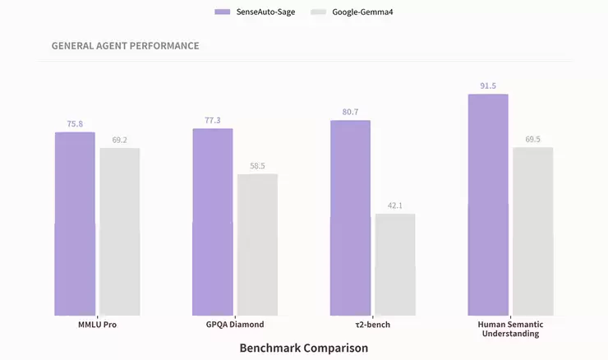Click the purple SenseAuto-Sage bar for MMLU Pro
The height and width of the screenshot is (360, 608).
click(x=75, y=224)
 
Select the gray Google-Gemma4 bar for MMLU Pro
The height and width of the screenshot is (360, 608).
click(x=119, y=232)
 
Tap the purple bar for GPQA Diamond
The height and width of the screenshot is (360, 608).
click(x=213, y=222)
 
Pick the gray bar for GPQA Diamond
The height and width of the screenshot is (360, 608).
click(x=257, y=245)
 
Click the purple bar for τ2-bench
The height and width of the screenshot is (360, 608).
click(x=350, y=218)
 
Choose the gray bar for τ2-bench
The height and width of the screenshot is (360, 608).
click(x=395, y=265)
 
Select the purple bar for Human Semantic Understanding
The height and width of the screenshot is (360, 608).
click(x=488, y=205)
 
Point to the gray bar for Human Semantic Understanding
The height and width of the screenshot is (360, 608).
click(x=532, y=232)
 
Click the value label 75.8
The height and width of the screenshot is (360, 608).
click(x=75, y=124)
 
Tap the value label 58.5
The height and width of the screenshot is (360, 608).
click(x=257, y=166)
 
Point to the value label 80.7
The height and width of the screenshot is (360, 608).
click(x=350, y=112)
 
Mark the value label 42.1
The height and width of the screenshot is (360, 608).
click(x=395, y=205)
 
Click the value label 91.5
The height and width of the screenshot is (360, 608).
click(x=488, y=85)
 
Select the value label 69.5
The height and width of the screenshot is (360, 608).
click(x=532, y=140)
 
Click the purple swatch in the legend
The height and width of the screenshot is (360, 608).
click(x=222, y=12)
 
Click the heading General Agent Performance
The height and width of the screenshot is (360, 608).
click(x=125, y=46)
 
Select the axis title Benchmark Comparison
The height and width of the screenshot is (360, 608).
click(x=303, y=348)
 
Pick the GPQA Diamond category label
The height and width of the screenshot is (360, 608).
click(x=235, y=325)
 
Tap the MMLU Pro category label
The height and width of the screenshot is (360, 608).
click(x=97, y=325)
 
